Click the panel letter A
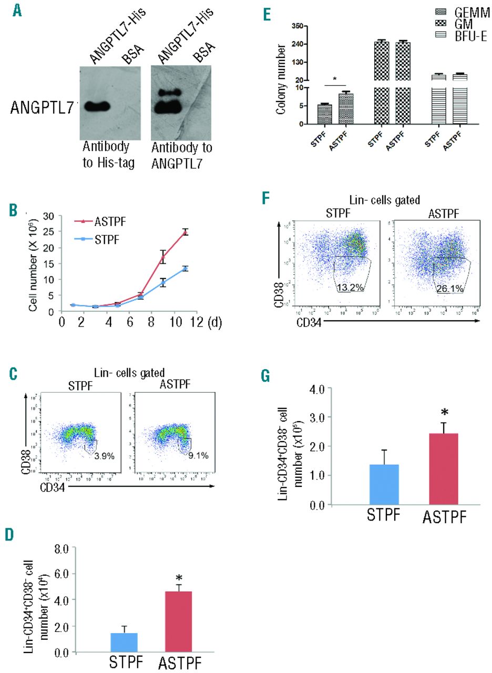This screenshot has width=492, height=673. pyautogui.click(x=18, y=9)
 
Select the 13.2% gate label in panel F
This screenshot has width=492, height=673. pyautogui.click(x=348, y=303)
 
